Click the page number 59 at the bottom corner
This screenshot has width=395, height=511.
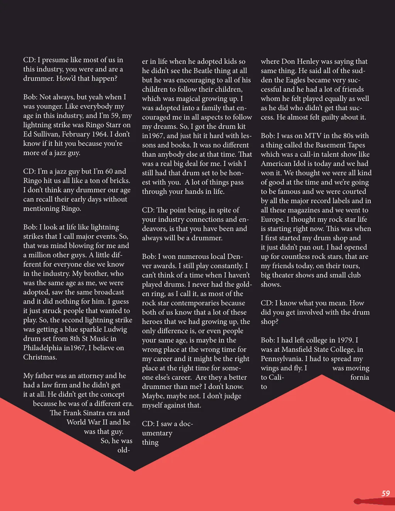pos(385,493)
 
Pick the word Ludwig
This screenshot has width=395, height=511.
pos(115,329)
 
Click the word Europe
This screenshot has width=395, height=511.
pos(272,219)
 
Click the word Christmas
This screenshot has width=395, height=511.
pos(40,357)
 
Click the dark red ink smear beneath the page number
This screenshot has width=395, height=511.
pos(372,501)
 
